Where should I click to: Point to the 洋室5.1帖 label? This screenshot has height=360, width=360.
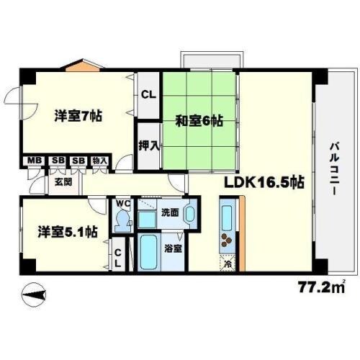tap(67, 232)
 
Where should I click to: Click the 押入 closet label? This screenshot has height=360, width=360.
tap(149, 145)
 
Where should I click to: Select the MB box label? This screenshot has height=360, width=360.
tap(33, 161)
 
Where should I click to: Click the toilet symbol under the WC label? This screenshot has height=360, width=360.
tap(121, 219)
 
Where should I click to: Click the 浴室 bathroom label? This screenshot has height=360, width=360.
tap(173, 249)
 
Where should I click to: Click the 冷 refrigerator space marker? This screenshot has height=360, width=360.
tap(228, 264)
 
